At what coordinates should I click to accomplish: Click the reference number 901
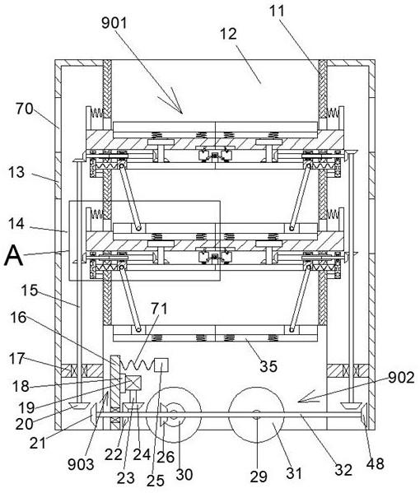coord(114,23)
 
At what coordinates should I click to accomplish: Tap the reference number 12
coord(228,34)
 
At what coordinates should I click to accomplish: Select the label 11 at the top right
coord(277,11)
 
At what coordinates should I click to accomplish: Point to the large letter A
coord(13,256)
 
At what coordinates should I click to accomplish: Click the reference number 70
coord(24,109)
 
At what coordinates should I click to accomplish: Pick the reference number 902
coord(401,377)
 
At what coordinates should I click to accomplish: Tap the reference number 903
coord(81,464)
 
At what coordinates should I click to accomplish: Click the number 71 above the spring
coord(159,309)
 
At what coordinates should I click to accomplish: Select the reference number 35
coord(268,366)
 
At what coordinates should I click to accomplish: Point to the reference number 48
coord(376,463)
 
